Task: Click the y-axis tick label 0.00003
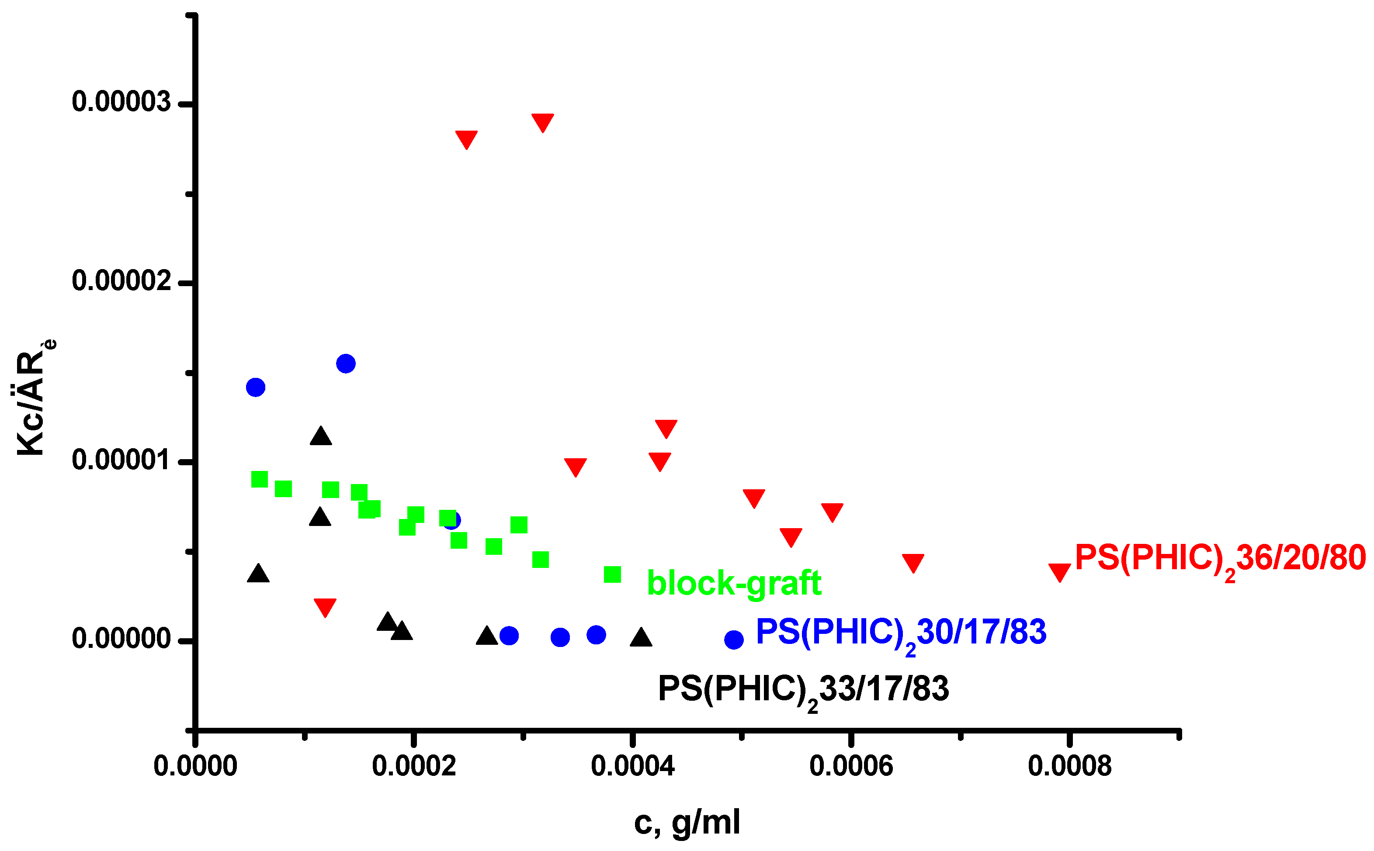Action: pyautogui.click(x=121, y=102)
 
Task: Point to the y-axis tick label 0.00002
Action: pyautogui.click(x=121, y=280)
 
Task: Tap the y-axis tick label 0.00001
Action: pyautogui.click(x=121, y=460)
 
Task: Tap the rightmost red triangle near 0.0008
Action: pyautogui.click(x=1059, y=571)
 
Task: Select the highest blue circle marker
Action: pyautogui.click(x=346, y=363)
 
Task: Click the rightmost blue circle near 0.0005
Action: pyautogui.click(x=733, y=640)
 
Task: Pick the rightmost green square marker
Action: pyautogui.click(x=612, y=574)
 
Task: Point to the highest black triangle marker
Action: pyautogui.click(x=321, y=436)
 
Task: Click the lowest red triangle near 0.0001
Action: pyautogui.click(x=325, y=607)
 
